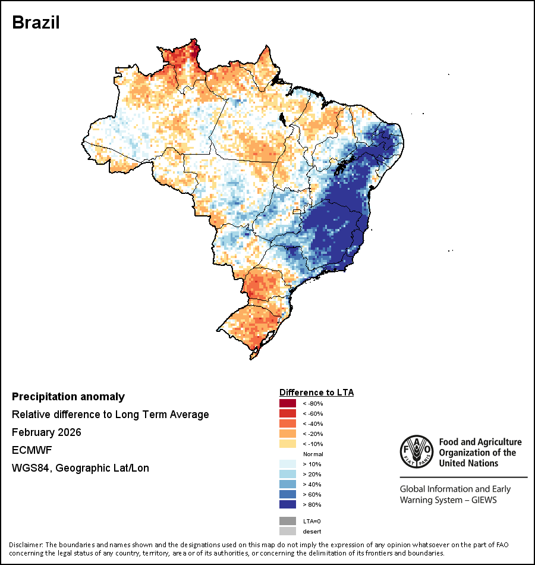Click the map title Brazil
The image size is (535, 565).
(36, 22)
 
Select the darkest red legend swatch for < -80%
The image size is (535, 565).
(288, 403)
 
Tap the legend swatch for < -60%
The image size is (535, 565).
(288, 413)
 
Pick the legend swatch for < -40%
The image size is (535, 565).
(288, 423)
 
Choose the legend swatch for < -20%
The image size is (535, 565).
(288, 434)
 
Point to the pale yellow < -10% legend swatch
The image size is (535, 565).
(288, 444)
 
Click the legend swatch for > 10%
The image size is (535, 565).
(288, 464)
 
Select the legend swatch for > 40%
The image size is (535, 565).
(288, 484)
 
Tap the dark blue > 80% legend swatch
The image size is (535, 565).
(288, 504)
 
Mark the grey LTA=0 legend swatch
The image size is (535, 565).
(288, 521)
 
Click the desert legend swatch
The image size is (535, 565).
(288, 531)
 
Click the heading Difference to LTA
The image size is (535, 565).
(316, 393)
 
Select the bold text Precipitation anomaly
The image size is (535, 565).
(68, 397)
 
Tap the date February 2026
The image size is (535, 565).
(46, 432)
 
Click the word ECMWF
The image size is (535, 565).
(28, 450)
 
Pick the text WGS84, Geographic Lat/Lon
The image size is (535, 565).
(80, 468)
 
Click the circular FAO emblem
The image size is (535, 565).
(416, 452)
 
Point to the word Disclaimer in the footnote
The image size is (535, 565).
(26, 545)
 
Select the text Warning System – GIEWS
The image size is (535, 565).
(448, 500)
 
